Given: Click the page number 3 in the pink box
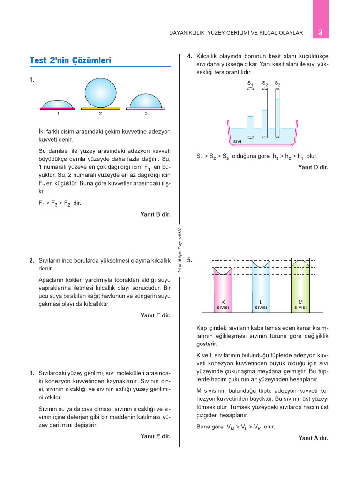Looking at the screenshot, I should pyautogui.click(x=320, y=32).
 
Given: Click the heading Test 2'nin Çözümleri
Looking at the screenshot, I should pyautogui.click(x=70, y=60).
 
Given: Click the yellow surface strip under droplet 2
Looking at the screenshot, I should pyautogui.click(x=100, y=109).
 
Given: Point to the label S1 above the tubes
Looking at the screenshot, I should pyautogui.click(x=250, y=83).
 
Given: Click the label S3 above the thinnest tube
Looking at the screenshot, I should pyautogui.click(x=277, y=83).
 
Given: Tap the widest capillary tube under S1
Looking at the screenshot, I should pyautogui.click(x=250, y=112).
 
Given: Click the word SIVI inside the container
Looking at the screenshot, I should pyautogui.click(x=237, y=141).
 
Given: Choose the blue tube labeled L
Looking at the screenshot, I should pyautogui.click(x=261, y=288).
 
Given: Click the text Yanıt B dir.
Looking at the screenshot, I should pyautogui.click(x=155, y=214).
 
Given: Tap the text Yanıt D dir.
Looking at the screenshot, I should pyautogui.click(x=313, y=167).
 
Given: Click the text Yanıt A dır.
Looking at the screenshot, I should pyautogui.click(x=313, y=438).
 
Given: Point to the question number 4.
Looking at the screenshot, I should pyautogui.click(x=189, y=56).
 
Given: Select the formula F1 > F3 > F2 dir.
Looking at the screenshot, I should pyautogui.click(x=60, y=203).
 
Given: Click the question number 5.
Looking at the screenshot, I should pyautogui.click(x=189, y=260).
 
